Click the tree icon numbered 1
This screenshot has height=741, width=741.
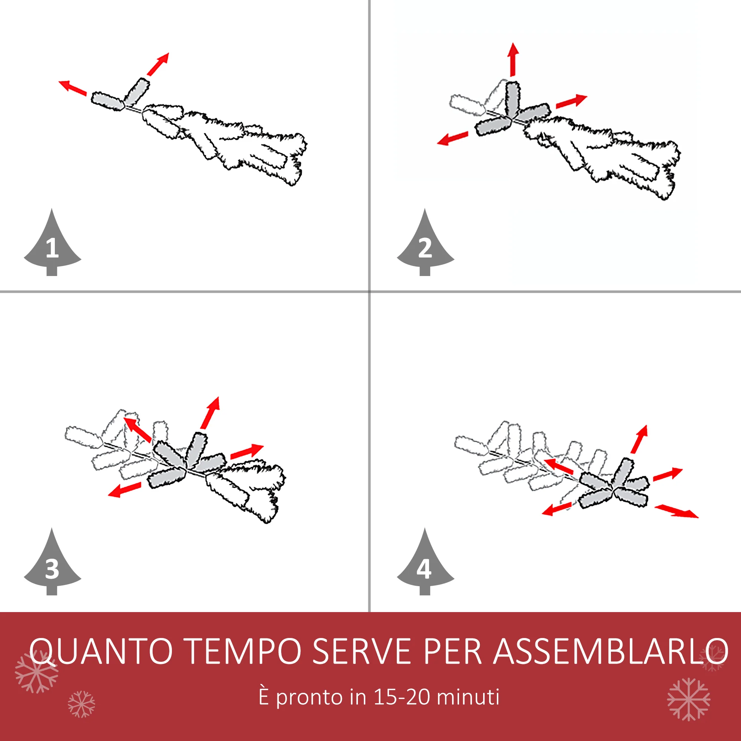(x=52, y=246)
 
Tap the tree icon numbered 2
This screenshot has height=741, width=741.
(x=425, y=246)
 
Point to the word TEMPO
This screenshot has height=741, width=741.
(x=244, y=651)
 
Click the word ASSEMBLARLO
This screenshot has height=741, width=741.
(x=610, y=651)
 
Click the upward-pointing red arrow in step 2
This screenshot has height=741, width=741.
(x=513, y=59)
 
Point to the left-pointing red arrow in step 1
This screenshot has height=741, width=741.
(x=73, y=88)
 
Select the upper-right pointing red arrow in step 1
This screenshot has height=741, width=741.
(x=158, y=64)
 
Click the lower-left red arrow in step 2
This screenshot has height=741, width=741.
(x=453, y=139)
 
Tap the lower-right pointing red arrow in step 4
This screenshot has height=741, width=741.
(x=677, y=511)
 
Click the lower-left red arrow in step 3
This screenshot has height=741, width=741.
(x=124, y=490)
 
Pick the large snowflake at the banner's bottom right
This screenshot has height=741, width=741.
(x=688, y=699)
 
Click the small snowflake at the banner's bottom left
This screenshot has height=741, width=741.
(x=81, y=704)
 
